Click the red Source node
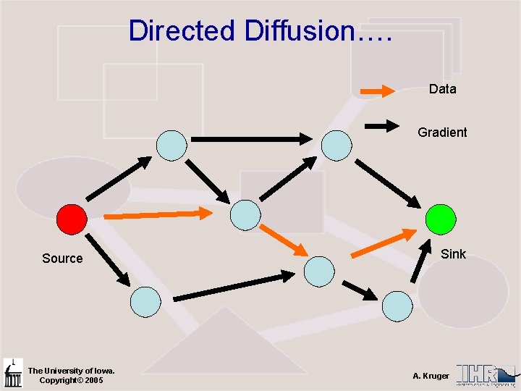click(x=72, y=219)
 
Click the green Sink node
click(x=441, y=219)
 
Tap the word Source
click(x=62, y=258)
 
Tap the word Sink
click(x=454, y=253)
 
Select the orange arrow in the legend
click(x=378, y=91)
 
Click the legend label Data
click(x=442, y=89)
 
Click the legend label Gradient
click(x=442, y=133)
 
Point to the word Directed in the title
click(x=182, y=31)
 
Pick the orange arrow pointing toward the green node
click(x=384, y=243)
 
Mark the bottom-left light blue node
click(x=145, y=301)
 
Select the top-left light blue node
click(x=171, y=145)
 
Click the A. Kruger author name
click(x=431, y=376)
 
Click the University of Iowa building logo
click(x=13, y=373)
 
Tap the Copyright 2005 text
click(x=71, y=380)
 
